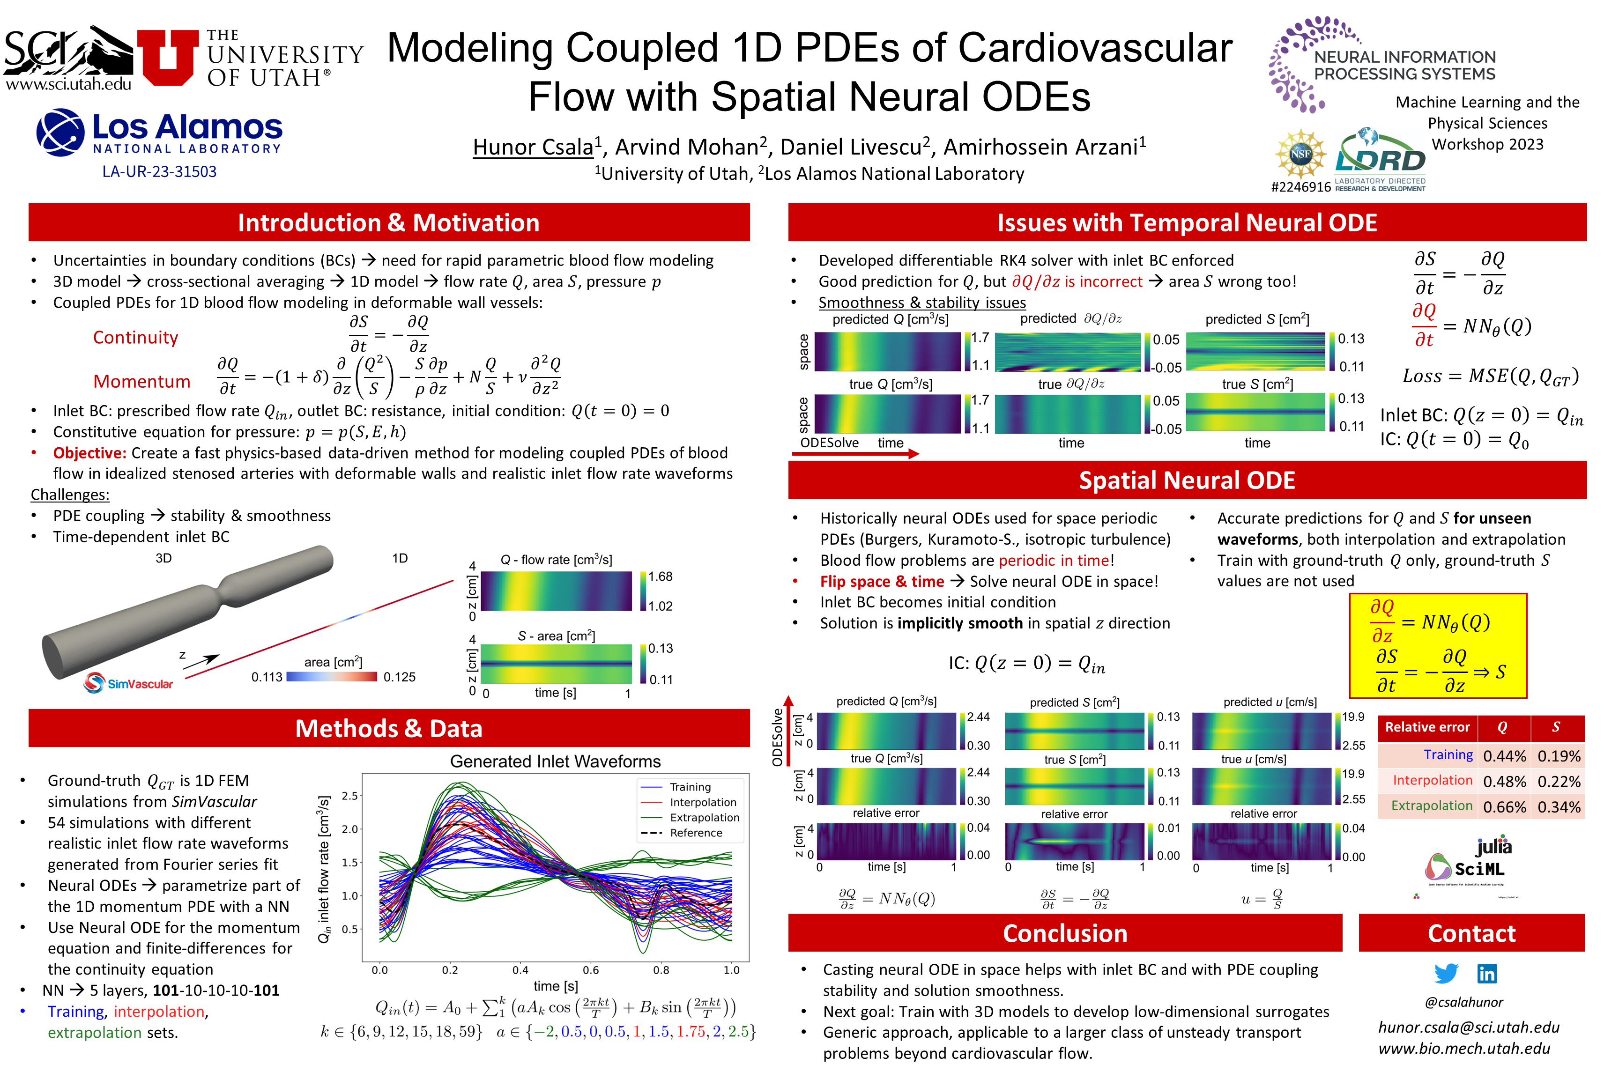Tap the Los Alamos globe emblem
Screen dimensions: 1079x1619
(60, 132)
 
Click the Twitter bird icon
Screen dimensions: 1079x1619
(1446, 973)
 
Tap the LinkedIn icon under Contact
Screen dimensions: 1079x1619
(1487, 973)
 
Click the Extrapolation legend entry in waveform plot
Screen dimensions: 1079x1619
(704, 818)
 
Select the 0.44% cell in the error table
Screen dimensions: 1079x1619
(1504, 756)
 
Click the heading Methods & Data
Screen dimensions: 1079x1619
(389, 729)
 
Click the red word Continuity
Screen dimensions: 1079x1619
(135, 337)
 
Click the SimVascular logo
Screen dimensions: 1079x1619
(129, 683)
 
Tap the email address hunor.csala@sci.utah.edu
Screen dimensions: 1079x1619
(1468, 1027)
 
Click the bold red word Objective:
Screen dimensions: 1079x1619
(89, 453)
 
